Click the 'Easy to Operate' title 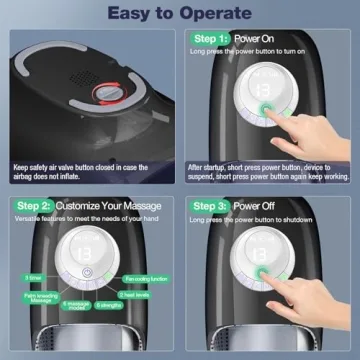[180, 14]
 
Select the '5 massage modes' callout [76, 302]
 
